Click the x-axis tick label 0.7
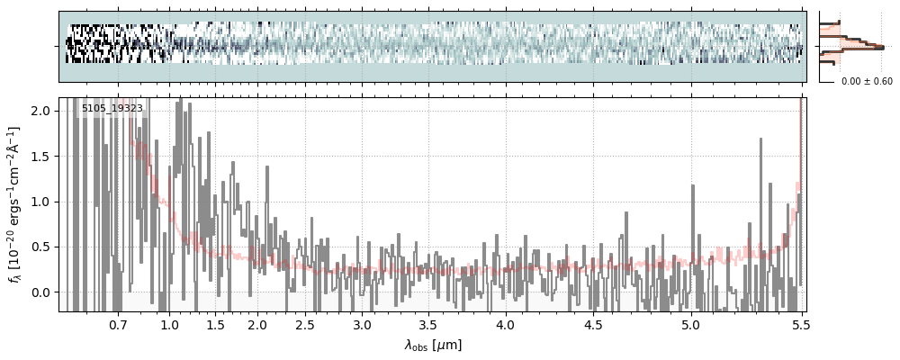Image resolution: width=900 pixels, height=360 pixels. (118, 324)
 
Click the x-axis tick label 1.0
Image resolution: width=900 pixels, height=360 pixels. (169, 324)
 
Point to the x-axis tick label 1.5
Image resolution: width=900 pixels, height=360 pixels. (216, 324)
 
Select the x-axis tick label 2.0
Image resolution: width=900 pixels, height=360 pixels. (257, 324)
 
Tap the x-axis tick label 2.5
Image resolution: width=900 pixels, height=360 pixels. (305, 324)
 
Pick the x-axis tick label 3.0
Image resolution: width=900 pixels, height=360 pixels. (362, 324)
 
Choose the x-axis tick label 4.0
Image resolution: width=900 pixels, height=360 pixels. (506, 324)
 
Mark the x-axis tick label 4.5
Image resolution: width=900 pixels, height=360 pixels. (593, 324)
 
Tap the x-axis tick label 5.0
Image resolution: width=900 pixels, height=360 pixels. (690, 324)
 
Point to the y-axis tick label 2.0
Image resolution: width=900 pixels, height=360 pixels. (42, 111)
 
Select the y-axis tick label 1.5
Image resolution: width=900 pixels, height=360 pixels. (42, 157)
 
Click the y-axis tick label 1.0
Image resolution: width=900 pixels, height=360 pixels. (42, 202)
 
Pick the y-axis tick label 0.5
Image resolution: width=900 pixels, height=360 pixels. (42, 247)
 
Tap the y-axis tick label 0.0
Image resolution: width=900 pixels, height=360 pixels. (42, 292)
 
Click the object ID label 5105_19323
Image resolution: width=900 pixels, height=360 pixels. (112, 109)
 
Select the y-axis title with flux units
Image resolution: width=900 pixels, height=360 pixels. (15, 204)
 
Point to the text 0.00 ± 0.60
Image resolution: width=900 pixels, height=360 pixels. (867, 82)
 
